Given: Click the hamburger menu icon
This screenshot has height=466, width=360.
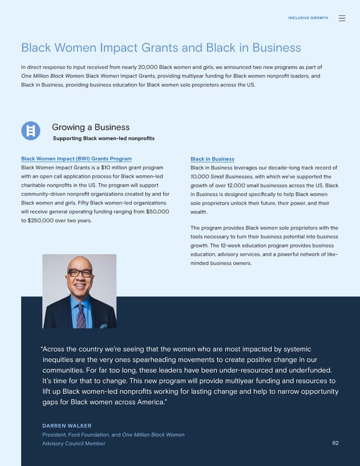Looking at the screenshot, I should click(x=342, y=18).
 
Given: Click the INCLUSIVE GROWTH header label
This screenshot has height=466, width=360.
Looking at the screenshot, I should click(x=308, y=18).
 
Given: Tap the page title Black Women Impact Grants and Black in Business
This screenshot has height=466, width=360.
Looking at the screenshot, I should click(x=161, y=47).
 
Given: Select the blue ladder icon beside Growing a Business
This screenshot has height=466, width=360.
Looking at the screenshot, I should click(x=31, y=130).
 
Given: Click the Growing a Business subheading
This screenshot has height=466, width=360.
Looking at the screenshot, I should click(x=91, y=127).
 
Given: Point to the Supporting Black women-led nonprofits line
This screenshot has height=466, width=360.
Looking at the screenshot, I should click(x=104, y=138).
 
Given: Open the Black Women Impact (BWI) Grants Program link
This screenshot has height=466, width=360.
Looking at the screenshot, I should click(x=76, y=159).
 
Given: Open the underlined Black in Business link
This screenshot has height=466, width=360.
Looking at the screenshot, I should click(x=212, y=159).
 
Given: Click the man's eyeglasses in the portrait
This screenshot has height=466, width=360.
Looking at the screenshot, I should click(x=80, y=273).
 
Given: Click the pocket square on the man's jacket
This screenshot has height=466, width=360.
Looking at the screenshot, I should click(x=104, y=325).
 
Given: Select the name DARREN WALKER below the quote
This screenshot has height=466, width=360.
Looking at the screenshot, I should click(x=67, y=426).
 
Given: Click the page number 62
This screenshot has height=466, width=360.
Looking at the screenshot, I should click(x=335, y=443).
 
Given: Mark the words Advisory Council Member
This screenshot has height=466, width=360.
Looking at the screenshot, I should click(x=73, y=444).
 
